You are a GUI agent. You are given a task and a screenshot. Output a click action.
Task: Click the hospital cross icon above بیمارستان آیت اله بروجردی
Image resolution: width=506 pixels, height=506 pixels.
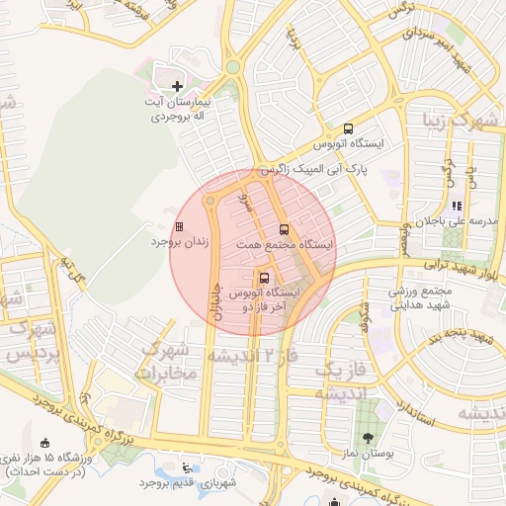coord(177,87)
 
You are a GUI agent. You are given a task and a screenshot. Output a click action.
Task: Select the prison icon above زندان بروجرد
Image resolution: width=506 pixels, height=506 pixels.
coord(179,227)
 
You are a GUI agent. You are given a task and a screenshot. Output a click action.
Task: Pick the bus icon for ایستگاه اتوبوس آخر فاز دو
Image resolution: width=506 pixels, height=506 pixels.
coord(263,278)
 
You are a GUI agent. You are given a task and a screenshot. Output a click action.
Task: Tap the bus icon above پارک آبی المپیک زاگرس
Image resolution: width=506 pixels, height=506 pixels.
coord(347,128)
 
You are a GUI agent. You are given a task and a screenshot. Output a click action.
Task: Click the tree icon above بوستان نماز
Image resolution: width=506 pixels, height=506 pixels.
coord(369,438)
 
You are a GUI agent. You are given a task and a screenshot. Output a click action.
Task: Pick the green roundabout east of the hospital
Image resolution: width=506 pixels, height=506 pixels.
coord(233,67)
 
